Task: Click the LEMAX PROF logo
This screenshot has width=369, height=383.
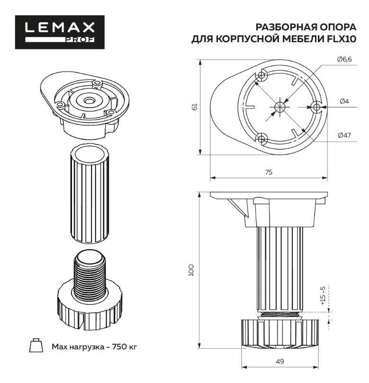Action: (60, 32)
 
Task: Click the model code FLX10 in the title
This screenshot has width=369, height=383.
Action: (341, 40)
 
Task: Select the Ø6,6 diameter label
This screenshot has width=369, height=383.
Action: (344, 59)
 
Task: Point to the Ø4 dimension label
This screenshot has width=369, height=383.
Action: (344, 101)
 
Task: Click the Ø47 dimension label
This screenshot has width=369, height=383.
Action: (344, 135)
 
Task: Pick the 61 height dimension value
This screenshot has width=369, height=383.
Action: (194, 107)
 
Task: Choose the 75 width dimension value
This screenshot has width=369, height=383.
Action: (269, 173)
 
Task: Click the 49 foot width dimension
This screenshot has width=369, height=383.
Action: (279, 362)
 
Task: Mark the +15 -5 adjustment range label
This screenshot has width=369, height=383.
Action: (323, 296)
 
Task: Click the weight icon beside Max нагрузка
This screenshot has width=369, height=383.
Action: (35, 346)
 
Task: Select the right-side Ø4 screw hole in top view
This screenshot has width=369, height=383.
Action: (316, 107)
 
